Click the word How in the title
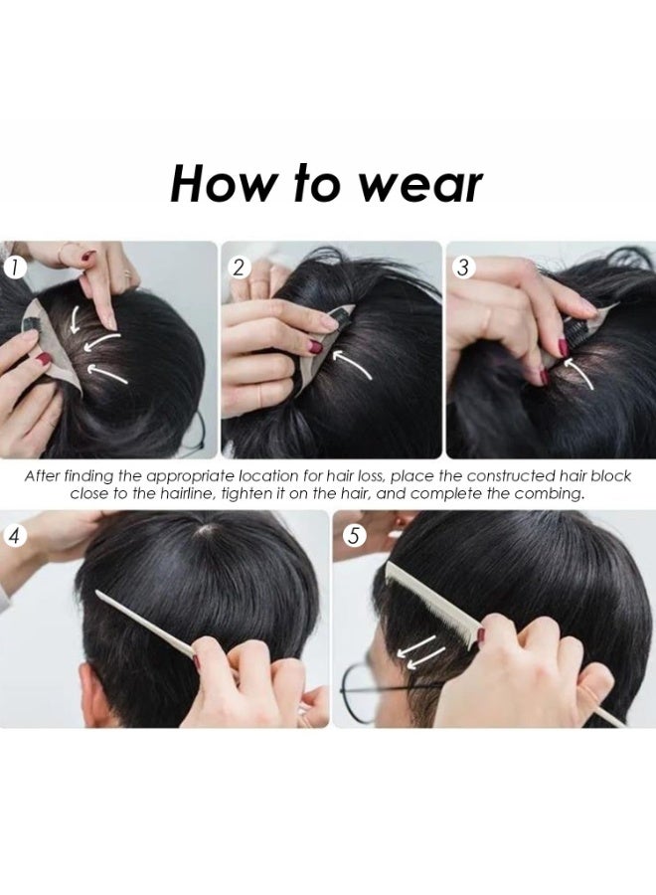(x=221, y=184)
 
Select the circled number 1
(x=15, y=268)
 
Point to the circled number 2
(x=239, y=268)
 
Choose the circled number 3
(x=464, y=268)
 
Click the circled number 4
(x=15, y=537)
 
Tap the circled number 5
(x=354, y=536)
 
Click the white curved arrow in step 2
(x=351, y=364)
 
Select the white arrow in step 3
(x=577, y=372)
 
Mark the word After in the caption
(x=42, y=476)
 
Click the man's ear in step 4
(x=90, y=693)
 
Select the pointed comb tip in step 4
(x=98, y=593)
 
